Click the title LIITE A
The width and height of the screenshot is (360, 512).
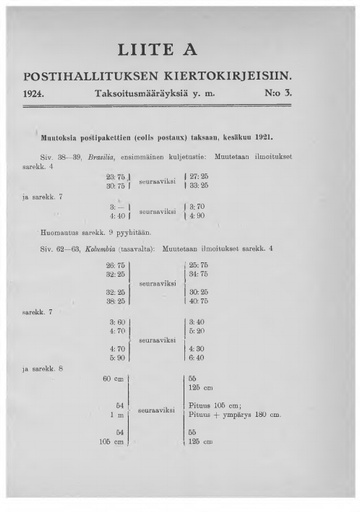tap(180, 49)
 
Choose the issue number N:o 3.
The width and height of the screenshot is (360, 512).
tap(304, 97)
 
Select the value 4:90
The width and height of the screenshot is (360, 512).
tap(196, 215)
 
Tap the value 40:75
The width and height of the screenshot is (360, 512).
tap(198, 300)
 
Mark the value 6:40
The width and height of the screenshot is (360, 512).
tap(196, 357)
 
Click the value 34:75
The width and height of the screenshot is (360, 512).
tap(198, 272)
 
